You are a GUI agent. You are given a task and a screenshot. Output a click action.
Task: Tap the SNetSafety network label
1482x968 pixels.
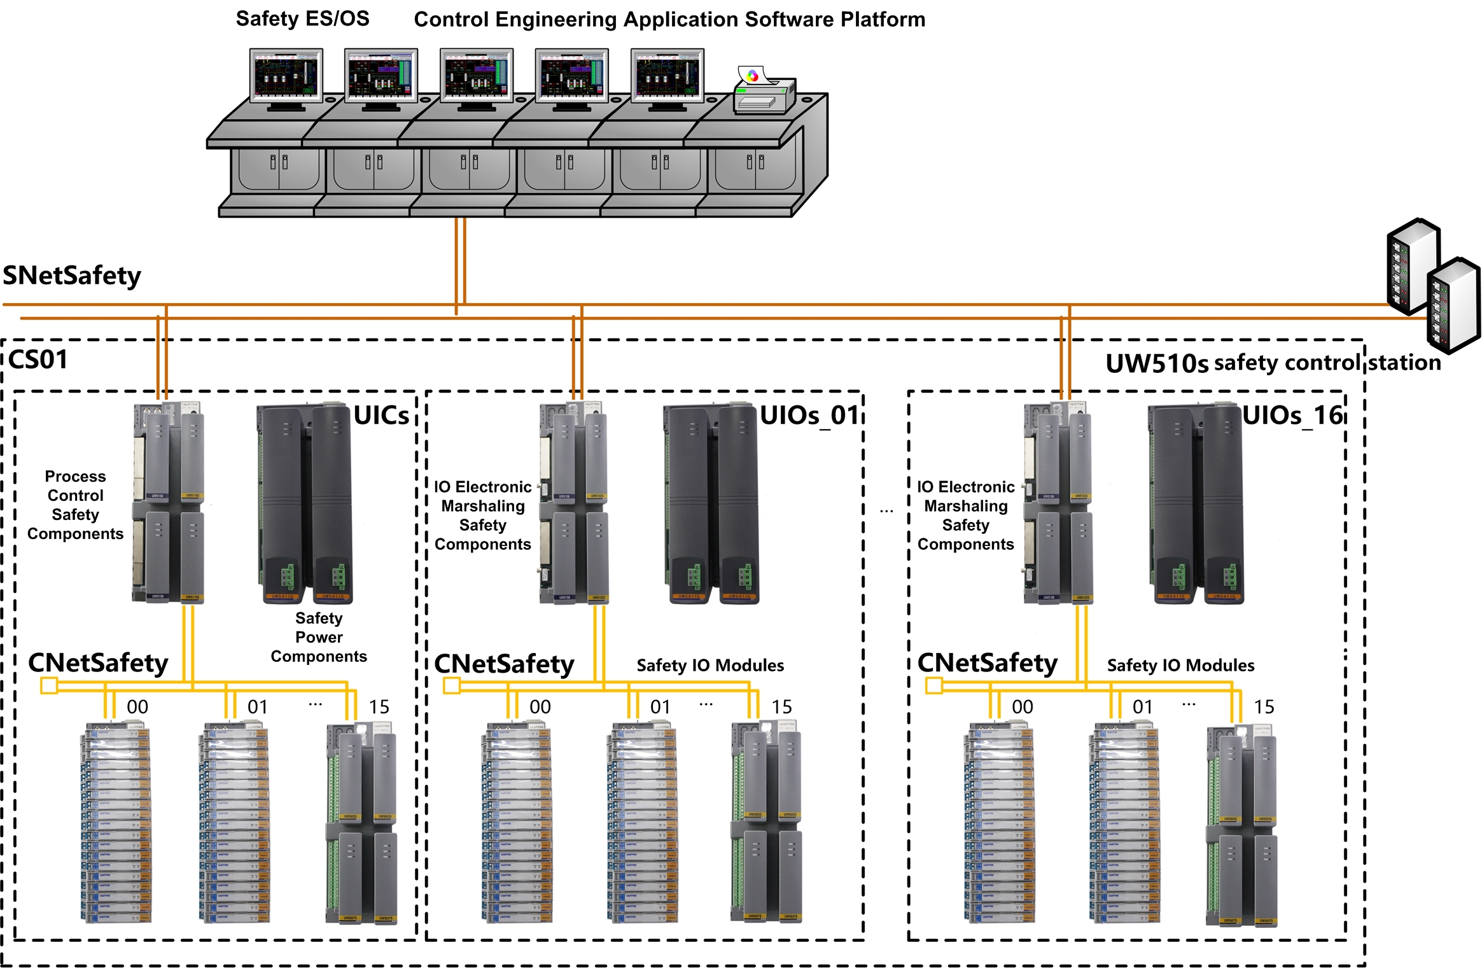[72, 276]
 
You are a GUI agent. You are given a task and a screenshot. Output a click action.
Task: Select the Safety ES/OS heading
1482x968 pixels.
[302, 18]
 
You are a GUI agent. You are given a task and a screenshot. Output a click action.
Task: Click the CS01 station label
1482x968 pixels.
[38, 360]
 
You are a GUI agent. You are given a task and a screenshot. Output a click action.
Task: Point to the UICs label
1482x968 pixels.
[381, 416]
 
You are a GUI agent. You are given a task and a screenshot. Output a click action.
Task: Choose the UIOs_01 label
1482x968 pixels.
[810, 416]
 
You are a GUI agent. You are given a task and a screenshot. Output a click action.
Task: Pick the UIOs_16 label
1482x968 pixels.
[1292, 416]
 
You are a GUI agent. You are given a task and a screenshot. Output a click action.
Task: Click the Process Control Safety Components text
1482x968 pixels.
[75, 505]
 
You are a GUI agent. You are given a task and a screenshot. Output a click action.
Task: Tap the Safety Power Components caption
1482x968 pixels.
[319, 636]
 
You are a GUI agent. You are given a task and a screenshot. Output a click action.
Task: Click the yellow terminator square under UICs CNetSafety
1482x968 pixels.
[49, 685]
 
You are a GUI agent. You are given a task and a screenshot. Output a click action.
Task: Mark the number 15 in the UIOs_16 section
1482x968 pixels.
[1264, 707]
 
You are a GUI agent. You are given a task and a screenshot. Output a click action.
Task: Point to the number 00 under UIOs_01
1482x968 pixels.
[540, 707]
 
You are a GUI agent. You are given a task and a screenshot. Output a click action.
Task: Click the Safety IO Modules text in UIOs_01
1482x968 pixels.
[710, 665]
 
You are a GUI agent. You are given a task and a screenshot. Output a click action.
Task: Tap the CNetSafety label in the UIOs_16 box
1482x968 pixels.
[987, 663]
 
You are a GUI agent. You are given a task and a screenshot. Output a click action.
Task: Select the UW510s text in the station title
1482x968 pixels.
[1156, 363]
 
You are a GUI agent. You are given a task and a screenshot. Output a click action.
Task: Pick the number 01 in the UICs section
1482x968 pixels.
[258, 707]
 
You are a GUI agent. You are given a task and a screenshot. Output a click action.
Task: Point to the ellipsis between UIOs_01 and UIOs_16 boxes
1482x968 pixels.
[886, 510]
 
